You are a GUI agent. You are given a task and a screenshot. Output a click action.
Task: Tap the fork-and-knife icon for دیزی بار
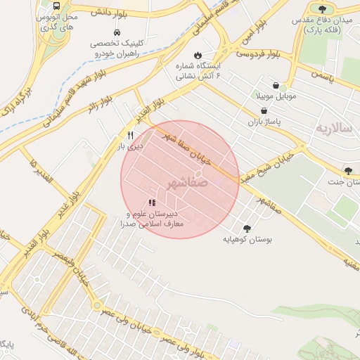[130, 135]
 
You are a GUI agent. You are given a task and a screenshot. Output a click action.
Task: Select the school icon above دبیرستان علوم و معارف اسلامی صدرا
[152, 202]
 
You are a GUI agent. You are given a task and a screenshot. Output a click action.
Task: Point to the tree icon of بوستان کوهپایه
[246, 229]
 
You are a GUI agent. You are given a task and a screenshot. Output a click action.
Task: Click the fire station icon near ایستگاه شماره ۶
[198, 55]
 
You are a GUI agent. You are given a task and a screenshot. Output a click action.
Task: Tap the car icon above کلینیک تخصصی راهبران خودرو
[117, 32]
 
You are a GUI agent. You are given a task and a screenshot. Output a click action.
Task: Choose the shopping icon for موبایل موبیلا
[284, 84]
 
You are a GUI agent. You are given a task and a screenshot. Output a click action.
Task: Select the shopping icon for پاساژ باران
[264, 111]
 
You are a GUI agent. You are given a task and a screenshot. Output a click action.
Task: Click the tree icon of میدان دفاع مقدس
[322, 9]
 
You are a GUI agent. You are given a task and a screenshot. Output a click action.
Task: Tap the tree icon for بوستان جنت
[348, 171]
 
